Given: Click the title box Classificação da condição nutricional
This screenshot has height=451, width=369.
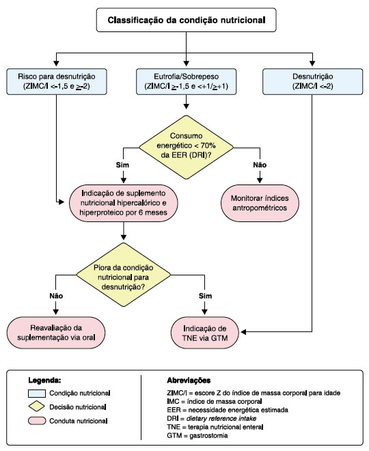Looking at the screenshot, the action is coord(186,20).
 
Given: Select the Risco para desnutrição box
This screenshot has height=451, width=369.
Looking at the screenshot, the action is coord(57,81).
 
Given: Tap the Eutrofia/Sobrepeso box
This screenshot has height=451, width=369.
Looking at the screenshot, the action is coord(186,81).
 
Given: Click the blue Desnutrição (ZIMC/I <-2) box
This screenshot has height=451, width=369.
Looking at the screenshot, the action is coord(313,81).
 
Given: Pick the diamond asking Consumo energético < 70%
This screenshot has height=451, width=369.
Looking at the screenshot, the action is coord(186,148).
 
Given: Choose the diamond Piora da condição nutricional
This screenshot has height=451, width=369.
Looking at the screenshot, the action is coord(124,275).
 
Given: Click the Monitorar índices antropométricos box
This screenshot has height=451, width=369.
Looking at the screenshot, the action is coord(260,203).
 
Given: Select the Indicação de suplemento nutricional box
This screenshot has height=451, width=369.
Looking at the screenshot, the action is coord(124,203).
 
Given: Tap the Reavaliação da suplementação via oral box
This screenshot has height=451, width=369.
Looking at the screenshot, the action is coord(56,333).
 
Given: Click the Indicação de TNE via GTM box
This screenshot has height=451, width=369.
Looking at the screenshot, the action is coord(205,333).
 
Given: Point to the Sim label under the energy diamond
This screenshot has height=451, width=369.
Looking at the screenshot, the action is coord(122,165).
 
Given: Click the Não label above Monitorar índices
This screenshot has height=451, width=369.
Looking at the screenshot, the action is coord(260,165).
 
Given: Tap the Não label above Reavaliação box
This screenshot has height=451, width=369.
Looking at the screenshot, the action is coord(56,296).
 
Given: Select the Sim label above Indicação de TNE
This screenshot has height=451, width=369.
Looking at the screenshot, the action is coord(206,296).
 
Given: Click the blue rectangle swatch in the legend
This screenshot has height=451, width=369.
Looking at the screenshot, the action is coord(37,393).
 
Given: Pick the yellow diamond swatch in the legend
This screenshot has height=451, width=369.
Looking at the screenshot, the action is coord(37,407).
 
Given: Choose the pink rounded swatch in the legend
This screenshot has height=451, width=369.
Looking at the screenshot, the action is coord(37,421).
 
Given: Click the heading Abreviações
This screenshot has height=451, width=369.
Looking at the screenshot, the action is coord(189,381).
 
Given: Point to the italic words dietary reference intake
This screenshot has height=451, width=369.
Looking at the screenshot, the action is coord(221,418).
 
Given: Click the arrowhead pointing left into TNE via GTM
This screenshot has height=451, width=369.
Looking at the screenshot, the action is coord(243,332).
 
